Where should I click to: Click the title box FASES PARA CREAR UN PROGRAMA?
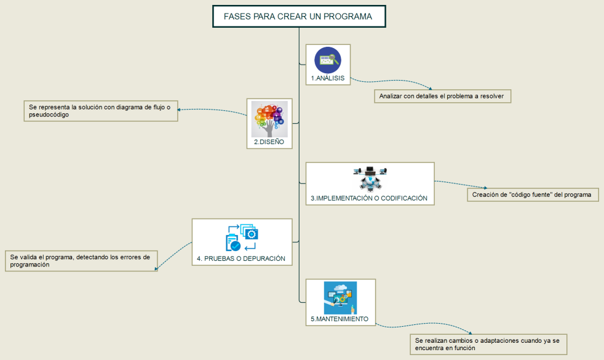298,17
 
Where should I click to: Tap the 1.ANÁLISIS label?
327,79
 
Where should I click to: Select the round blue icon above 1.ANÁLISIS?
327,60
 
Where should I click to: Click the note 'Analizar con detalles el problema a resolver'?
442,96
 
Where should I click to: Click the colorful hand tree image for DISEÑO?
269,119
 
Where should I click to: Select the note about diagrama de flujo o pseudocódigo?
100,111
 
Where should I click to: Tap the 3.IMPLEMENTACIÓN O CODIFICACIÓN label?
369,199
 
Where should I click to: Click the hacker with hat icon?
370,178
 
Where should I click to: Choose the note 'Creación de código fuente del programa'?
532,194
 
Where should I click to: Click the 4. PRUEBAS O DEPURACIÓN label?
241,258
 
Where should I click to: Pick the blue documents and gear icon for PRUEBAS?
242,238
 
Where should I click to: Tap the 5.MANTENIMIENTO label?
340,319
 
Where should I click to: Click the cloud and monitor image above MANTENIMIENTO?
340,298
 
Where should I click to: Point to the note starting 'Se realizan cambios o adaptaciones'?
488,343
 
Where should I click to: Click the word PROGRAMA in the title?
348,17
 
